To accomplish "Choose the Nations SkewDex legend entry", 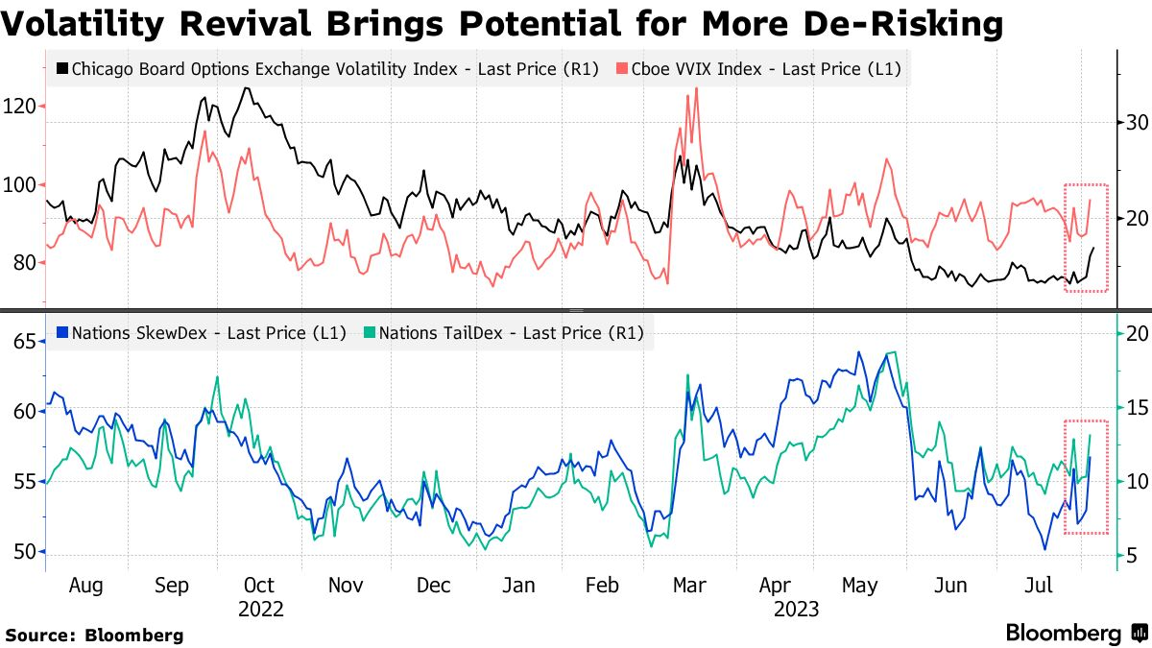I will pos(202,334).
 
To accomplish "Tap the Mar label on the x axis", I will pos(689,586).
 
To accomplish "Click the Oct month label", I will pos(258,586).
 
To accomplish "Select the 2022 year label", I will pos(261,609).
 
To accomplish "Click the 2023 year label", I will pos(797,609).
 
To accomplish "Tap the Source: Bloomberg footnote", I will pos(94,635).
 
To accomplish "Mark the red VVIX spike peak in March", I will pos(695,88).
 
